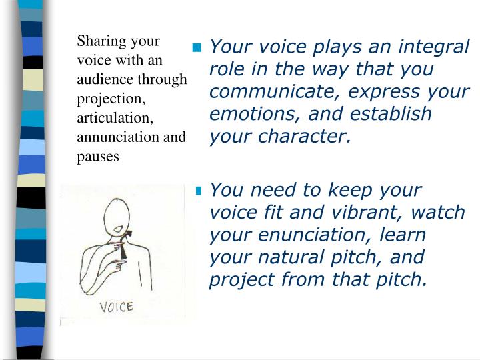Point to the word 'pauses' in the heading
pos(98,157)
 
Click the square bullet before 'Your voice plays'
pos(197,48)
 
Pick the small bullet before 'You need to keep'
pos(198,191)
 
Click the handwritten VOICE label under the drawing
pos(117,307)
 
